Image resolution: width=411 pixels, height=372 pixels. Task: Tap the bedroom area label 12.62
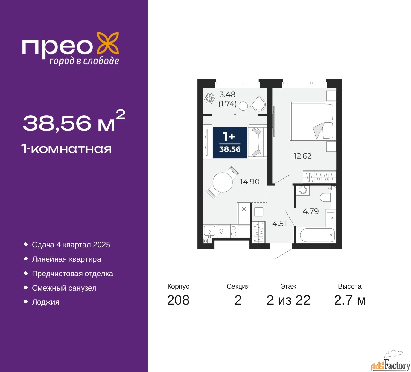pyautogui.click(x=302, y=156)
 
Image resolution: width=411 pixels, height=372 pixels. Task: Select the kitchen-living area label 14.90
pyautogui.click(x=249, y=182)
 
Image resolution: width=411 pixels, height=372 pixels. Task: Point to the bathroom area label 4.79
pyautogui.click(x=310, y=211)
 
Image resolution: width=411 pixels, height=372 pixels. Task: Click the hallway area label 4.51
pyautogui.click(x=279, y=224)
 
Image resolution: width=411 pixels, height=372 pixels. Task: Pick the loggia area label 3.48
pyautogui.click(x=227, y=95)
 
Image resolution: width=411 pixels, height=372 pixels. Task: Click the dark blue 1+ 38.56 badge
pyautogui.click(x=230, y=143)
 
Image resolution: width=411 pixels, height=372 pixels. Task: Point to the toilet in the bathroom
pyautogui.click(x=326, y=197)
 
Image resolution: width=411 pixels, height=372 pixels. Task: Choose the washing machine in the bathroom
pyautogui.click(x=302, y=190)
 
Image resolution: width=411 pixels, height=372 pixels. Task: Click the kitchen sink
pyautogui.click(x=210, y=231)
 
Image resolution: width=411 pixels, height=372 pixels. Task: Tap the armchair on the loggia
pyautogui.click(x=258, y=103)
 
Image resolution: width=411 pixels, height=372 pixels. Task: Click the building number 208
pyautogui.click(x=178, y=300)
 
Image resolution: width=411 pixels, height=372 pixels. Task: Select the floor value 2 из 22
pyautogui.click(x=288, y=300)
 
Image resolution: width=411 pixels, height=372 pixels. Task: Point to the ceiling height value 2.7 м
pyautogui.click(x=350, y=300)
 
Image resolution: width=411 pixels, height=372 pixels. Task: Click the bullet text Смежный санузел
pyautogui.click(x=64, y=288)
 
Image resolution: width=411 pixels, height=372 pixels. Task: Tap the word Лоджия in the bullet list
pyautogui.click(x=46, y=302)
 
